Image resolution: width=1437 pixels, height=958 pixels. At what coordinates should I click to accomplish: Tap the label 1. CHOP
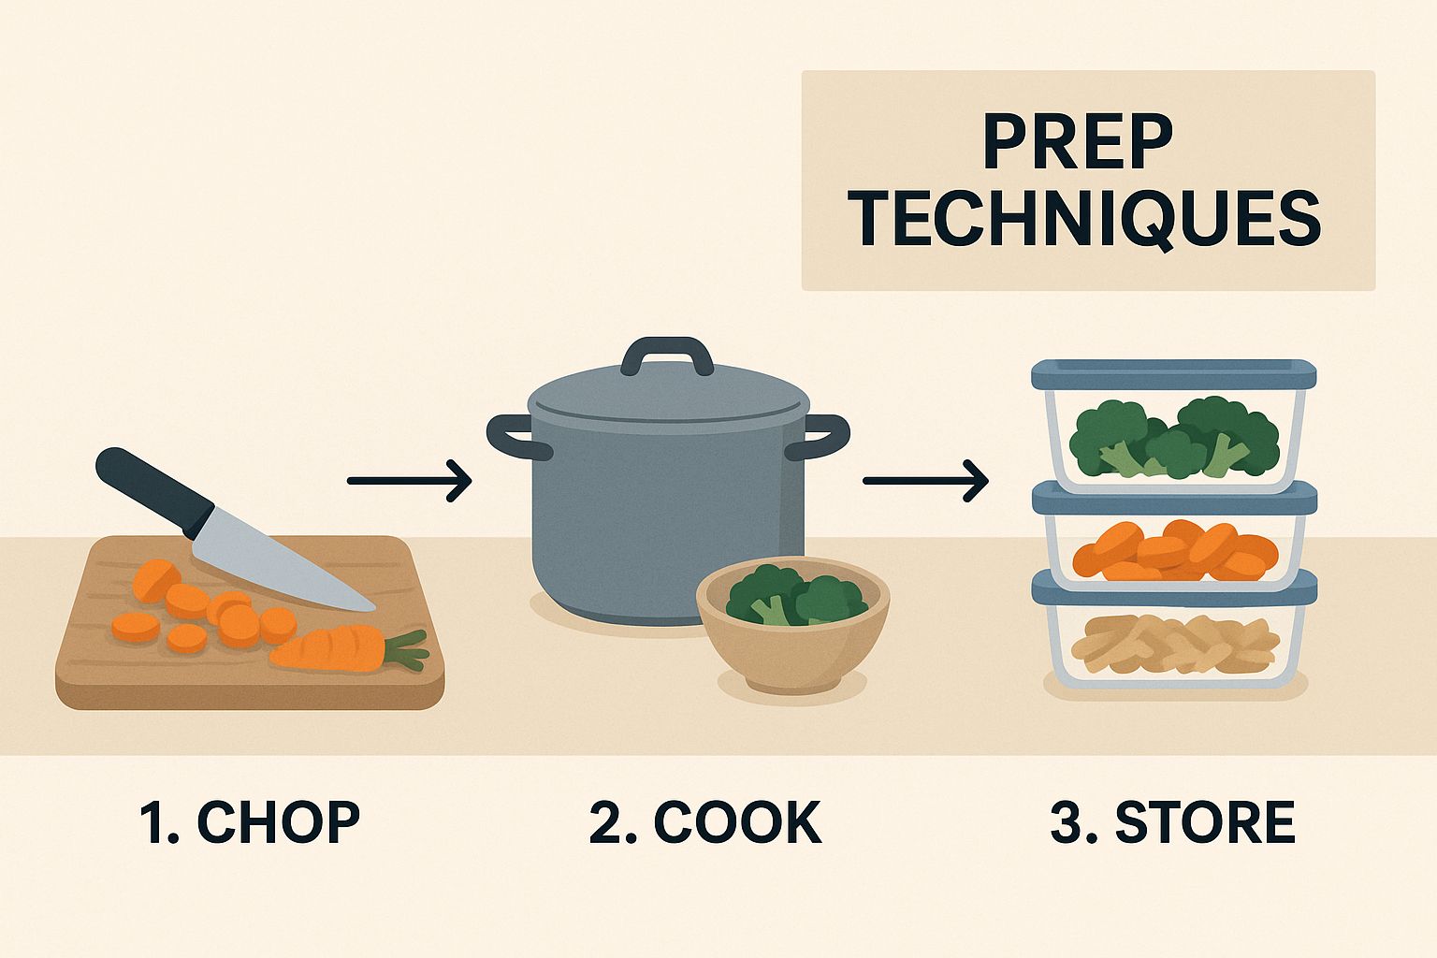click(x=250, y=822)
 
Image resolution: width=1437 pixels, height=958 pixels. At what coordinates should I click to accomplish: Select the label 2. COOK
click(x=705, y=822)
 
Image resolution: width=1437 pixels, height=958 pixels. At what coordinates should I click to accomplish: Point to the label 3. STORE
click(x=1172, y=822)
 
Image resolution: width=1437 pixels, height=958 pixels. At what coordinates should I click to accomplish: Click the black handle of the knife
click(x=154, y=492)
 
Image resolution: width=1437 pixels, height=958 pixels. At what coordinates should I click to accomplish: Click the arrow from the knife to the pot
click(x=409, y=480)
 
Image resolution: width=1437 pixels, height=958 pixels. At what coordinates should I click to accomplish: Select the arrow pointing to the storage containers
click(x=925, y=480)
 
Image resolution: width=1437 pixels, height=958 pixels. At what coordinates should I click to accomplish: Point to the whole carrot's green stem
click(x=405, y=649)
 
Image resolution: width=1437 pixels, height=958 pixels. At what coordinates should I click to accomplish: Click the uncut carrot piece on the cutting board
click(x=328, y=649)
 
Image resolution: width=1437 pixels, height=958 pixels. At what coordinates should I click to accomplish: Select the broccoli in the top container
click(x=1174, y=438)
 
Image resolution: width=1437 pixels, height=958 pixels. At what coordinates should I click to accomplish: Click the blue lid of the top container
click(x=1174, y=374)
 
